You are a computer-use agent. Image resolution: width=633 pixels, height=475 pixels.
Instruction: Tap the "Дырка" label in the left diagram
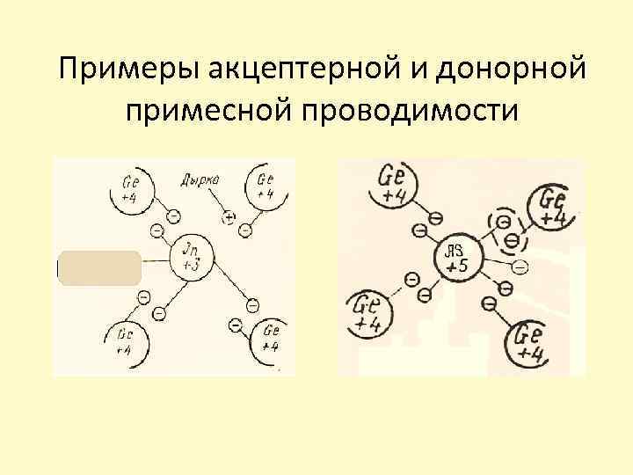(x=200, y=181)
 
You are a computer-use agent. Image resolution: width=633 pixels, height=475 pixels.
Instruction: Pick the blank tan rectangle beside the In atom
(x=99, y=267)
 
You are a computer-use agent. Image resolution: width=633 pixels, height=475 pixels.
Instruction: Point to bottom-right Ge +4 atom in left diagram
(x=269, y=338)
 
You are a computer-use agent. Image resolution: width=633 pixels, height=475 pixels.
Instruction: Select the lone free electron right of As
(x=520, y=266)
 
